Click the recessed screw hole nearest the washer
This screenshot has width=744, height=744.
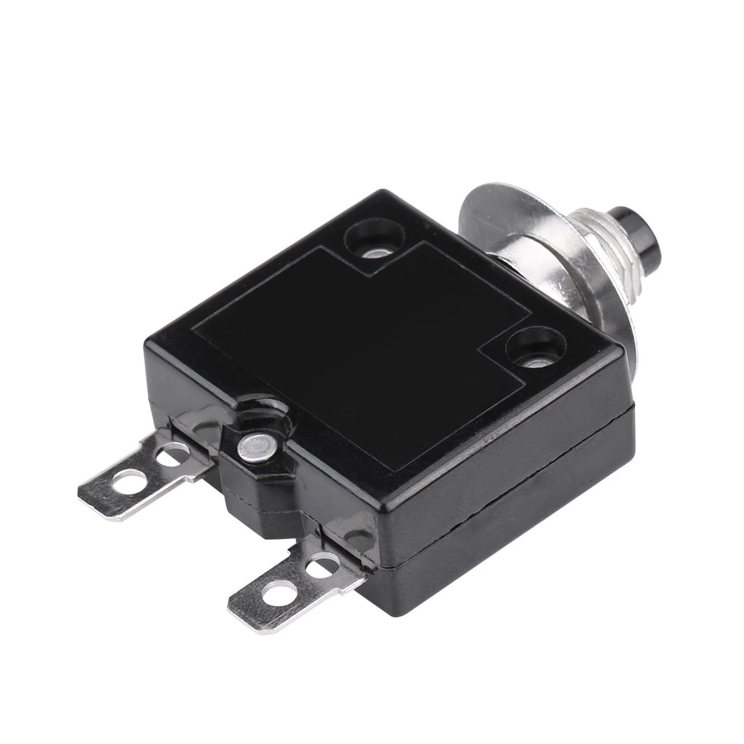click(374, 241)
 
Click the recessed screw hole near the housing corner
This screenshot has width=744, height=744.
click(535, 349)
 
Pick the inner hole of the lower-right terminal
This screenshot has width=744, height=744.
click(320, 565)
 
